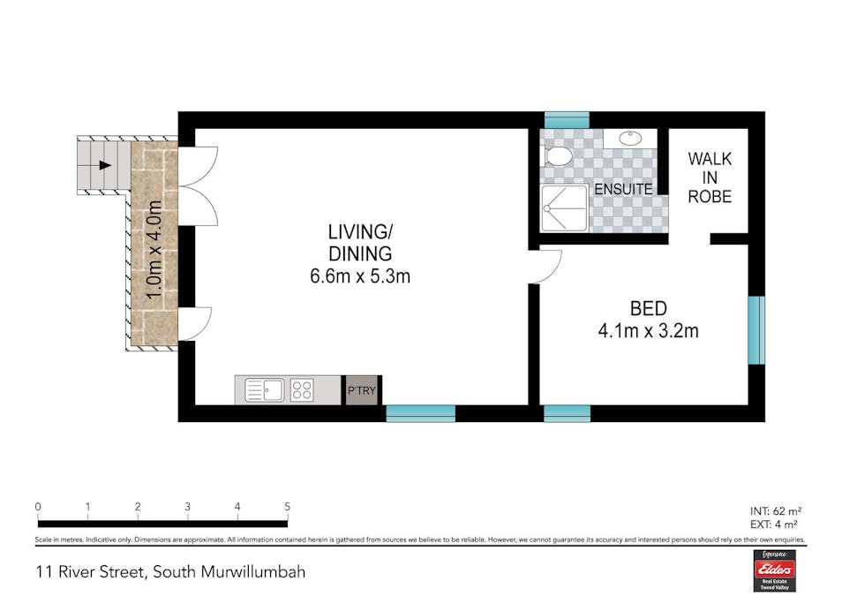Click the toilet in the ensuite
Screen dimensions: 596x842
pyautogui.click(x=558, y=156)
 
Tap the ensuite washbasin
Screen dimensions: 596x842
pyautogui.click(x=630, y=138)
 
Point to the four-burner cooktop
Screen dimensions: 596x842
pyautogui.click(x=302, y=389)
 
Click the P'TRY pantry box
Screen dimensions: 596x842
pyautogui.click(x=361, y=390)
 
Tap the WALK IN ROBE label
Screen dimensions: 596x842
pyautogui.click(x=710, y=177)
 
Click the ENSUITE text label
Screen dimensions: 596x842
pyautogui.click(x=623, y=189)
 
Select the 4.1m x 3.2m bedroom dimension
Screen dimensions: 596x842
pyautogui.click(x=648, y=332)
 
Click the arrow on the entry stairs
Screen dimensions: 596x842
pyautogui.click(x=104, y=164)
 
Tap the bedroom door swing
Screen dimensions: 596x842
pyautogui.click(x=548, y=266)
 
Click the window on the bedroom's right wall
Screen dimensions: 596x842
pyautogui.click(x=756, y=330)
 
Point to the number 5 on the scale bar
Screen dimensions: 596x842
pyautogui.click(x=288, y=507)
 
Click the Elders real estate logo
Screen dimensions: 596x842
pyautogui.click(x=774, y=570)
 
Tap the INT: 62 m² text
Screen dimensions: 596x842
pyautogui.click(x=775, y=510)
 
